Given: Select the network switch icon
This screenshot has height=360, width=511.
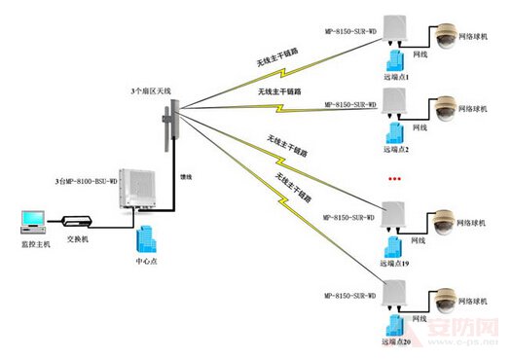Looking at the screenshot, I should (x=76, y=223).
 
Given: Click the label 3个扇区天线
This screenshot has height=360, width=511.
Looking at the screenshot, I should (x=151, y=90).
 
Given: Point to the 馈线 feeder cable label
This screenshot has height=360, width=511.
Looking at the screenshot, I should (x=185, y=178).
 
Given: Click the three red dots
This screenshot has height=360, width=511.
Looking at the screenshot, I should (x=395, y=181).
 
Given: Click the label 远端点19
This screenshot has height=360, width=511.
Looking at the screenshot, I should (x=394, y=265).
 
